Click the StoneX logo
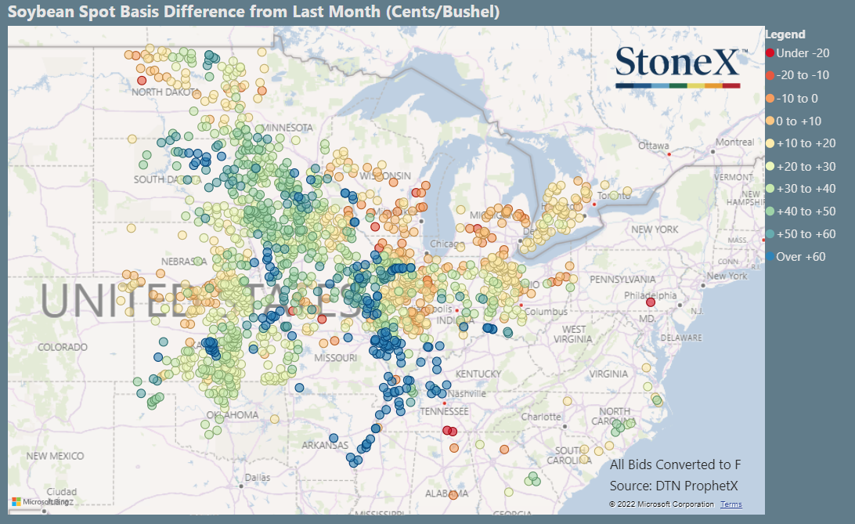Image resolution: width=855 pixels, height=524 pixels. (677, 66)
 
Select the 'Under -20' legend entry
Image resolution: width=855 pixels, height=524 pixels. (798, 52)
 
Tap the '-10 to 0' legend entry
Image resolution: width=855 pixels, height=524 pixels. (796, 98)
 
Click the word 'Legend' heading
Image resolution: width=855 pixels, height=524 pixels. (785, 34)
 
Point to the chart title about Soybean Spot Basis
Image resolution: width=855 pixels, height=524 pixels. (254, 13)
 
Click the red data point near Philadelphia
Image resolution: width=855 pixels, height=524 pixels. (651, 302)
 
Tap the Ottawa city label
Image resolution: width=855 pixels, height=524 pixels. (654, 146)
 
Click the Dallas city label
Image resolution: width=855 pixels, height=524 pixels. (256, 477)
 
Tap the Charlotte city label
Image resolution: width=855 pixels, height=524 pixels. (542, 417)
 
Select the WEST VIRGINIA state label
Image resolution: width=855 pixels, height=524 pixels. (574, 334)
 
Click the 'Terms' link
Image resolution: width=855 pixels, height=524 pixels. (731, 504)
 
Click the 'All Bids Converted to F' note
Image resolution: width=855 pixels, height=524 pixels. (675, 464)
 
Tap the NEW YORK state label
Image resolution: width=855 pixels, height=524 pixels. (654, 229)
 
